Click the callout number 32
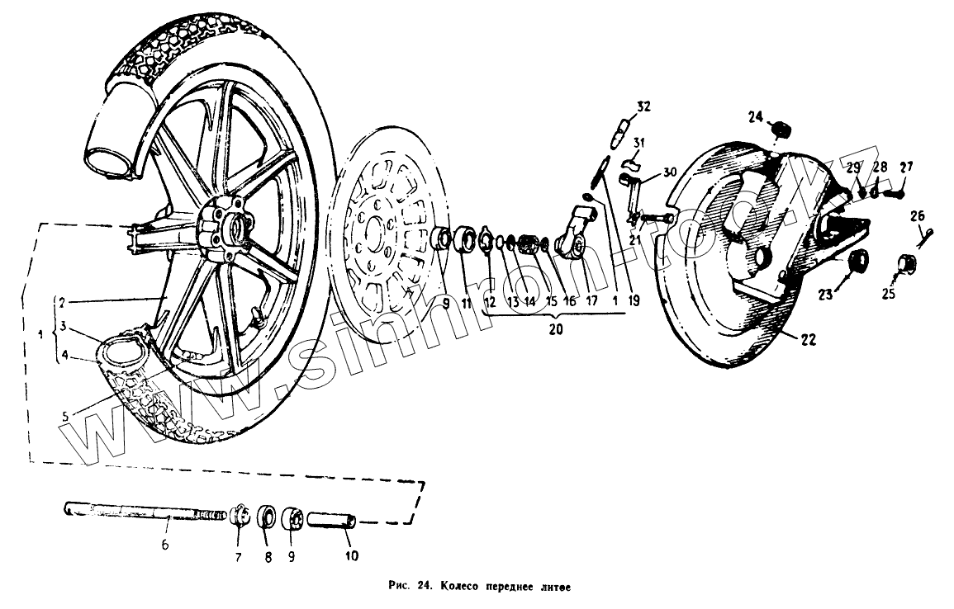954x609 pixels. coord(643,106)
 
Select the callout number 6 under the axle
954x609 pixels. coord(165,545)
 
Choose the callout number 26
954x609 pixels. coord(918,216)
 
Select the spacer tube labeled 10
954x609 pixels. coord(332,522)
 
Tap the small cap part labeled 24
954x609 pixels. coord(781,130)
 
